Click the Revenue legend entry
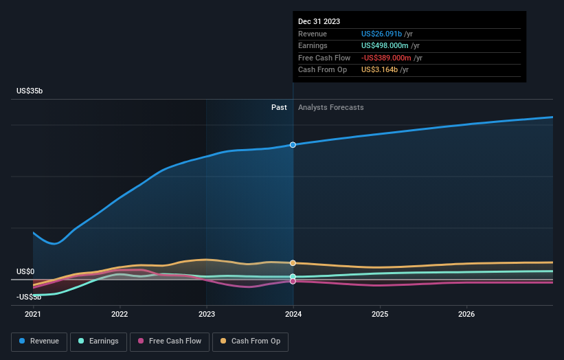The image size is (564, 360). (x=38, y=341)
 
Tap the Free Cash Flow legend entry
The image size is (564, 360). (x=169, y=341)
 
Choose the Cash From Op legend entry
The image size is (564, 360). (x=251, y=341)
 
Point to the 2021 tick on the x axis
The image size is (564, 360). (x=33, y=315)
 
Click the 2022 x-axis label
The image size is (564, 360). (x=120, y=315)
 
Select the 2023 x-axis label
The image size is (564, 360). (x=207, y=315)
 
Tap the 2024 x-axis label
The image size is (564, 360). (x=293, y=315)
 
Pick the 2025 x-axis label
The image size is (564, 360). (x=380, y=315)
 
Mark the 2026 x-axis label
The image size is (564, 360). (x=466, y=315)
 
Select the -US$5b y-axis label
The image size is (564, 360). (x=28, y=297)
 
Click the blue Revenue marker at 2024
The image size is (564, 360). (x=293, y=145)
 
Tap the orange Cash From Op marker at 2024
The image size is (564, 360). (x=293, y=263)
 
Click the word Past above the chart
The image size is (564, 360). (x=279, y=107)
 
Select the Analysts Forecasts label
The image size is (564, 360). (x=330, y=107)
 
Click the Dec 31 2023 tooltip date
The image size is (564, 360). (x=319, y=22)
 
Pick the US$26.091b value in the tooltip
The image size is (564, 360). (x=382, y=34)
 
